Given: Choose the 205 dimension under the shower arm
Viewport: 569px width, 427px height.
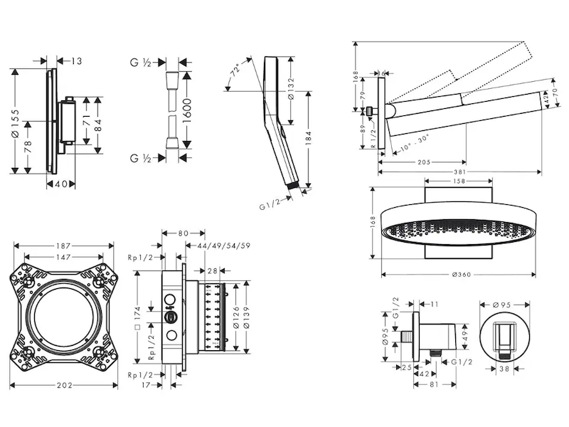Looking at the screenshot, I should [422, 162].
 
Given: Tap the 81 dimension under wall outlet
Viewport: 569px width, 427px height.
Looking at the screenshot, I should [434, 384].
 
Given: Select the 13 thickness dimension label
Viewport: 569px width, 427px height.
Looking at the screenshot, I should [76, 61].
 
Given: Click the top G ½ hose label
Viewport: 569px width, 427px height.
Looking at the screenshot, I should [141, 63].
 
